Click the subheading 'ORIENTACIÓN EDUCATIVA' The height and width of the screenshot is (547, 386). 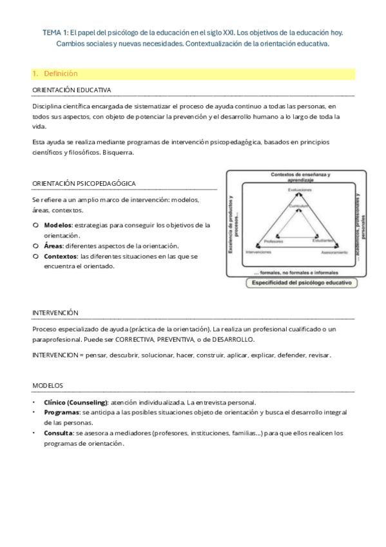tap(72, 90)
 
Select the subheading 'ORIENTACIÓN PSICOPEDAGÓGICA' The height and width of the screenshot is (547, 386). tap(84, 184)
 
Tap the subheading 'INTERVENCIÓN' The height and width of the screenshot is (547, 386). tap(55, 313)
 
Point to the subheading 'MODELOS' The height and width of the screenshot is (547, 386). tap(48, 386)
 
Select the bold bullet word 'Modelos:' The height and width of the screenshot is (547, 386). tap(59, 225)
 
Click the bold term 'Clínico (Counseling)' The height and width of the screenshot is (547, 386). tap(75, 402)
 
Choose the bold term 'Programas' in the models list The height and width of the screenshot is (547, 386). tap(62, 412)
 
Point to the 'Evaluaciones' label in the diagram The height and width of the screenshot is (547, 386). tap(295, 190)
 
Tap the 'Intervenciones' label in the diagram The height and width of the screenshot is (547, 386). tap(258, 252)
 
